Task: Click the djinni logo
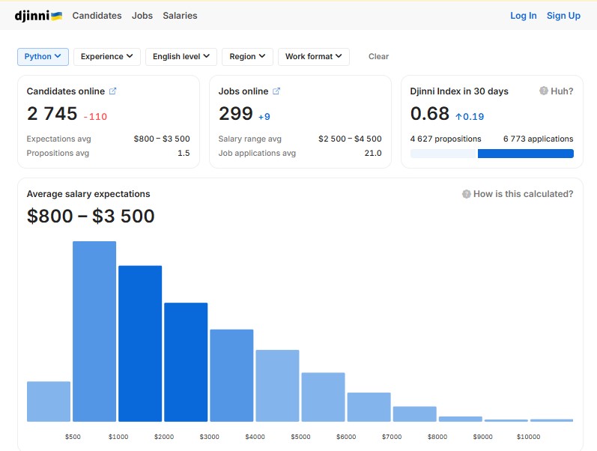point(38,16)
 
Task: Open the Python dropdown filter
point(43,57)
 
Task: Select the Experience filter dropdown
point(107,57)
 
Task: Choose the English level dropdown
point(181,57)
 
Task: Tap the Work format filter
point(314,57)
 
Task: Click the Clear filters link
point(378,57)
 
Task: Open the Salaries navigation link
point(180,16)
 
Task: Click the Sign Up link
point(563,16)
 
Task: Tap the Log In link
point(524,16)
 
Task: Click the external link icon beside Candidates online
point(112,91)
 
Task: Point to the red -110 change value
point(96,117)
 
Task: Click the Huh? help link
point(557,91)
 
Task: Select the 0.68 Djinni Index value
point(430,114)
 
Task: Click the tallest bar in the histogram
point(94,331)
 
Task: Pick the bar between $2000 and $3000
point(186,363)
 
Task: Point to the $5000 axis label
point(301,437)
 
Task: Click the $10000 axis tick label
point(529,437)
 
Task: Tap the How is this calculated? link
point(518,194)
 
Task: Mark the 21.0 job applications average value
point(373,153)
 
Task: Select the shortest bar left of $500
point(49,402)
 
